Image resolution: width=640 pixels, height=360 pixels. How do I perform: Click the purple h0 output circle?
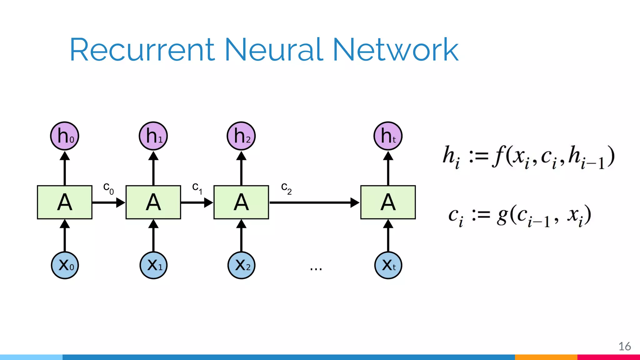pyautogui.click(x=65, y=136)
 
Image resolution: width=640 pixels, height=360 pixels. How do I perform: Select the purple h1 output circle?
pyautogui.click(x=153, y=136)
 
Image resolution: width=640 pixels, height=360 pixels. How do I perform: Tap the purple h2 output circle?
pyautogui.click(x=241, y=136)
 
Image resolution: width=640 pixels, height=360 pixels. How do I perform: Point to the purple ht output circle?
pyautogui.click(x=388, y=136)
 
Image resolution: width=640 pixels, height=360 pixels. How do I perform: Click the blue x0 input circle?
pyautogui.click(x=65, y=265)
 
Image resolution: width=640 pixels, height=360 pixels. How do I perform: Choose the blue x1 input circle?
pyautogui.click(x=153, y=265)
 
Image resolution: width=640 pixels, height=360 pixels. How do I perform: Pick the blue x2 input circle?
pyautogui.click(x=241, y=265)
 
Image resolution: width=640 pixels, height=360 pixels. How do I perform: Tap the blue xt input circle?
pyautogui.click(x=388, y=265)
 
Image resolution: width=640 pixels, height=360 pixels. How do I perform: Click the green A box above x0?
pyautogui.click(x=65, y=202)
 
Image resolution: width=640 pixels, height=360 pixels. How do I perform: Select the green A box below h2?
pyautogui.click(x=241, y=202)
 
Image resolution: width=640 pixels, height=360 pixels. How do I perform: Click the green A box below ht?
pyautogui.click(x=388, y=202)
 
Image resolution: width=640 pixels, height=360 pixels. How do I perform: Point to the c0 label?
pyautogui.click(x=108, y=188)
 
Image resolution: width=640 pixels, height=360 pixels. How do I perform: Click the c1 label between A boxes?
pyautogui.click(x=197, y=188)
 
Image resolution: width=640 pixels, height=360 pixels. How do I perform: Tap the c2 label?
pyautogui.click(x=286, y=188)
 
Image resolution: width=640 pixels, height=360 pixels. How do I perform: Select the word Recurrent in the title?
pyautogui.click(x=142, y=50)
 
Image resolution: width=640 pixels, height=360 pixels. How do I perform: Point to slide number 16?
pyautogui.click(x=624, y=346)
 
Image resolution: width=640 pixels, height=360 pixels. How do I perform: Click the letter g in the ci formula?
pyautogui.click(x=502, y=216)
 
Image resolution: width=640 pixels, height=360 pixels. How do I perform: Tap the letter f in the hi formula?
pyautogui.click(x=498, y=156)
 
